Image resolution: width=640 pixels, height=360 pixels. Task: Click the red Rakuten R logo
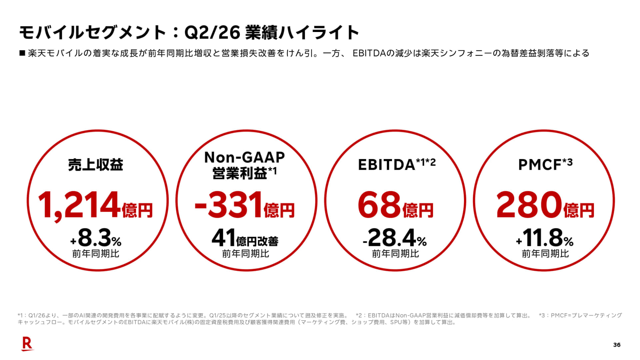pos(28,344)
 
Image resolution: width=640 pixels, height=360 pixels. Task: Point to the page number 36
pos(617,345)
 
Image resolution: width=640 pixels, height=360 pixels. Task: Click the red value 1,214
pos(79,204)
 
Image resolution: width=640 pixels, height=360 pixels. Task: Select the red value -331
pos(228,204)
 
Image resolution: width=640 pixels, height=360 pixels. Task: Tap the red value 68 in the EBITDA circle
pos(379,204)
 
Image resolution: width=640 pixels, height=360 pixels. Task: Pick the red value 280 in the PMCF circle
pos(529,204)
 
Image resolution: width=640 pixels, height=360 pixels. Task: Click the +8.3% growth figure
pos(96,238)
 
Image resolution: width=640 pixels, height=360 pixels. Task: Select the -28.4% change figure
pos(395,238)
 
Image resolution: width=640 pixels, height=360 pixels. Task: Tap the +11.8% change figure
pos(545,238)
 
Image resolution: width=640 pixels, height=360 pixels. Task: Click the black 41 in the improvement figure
pos(224,238)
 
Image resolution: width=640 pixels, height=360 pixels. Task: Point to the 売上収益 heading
pos(96,165)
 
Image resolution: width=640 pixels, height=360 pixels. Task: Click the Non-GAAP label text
pos(244,157)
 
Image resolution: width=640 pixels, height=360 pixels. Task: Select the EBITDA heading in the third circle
pos(386,165)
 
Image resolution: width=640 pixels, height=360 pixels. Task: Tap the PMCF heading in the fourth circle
pos(540,165)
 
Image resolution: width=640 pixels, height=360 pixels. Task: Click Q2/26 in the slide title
pos(212,32)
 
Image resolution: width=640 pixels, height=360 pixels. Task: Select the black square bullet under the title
pos(22,53)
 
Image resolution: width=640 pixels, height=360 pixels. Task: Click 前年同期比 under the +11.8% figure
pos(545,254)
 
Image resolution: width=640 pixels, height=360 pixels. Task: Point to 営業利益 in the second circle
pos(240,173)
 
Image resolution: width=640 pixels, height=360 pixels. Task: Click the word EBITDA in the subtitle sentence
pos(369,53)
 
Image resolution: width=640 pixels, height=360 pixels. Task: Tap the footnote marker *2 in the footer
pos(359,315)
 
